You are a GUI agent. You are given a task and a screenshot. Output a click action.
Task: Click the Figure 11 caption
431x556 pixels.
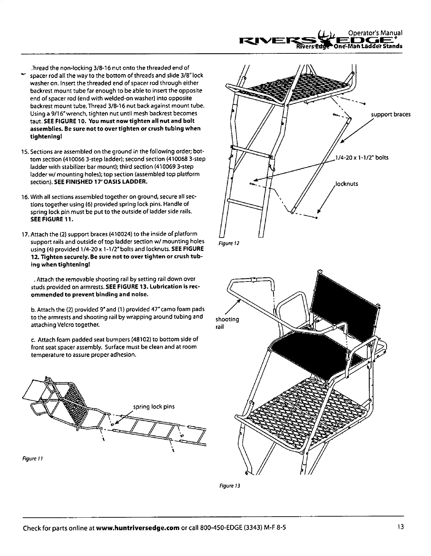click(32, 459)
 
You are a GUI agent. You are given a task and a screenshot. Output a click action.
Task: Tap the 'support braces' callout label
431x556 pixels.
click(391, 115)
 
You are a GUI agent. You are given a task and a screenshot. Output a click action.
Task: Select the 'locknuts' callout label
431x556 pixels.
click(346, 183)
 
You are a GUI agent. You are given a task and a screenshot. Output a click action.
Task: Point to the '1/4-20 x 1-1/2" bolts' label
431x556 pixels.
click(362, 157)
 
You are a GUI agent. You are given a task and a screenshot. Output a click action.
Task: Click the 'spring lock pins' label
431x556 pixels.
click(154, 407)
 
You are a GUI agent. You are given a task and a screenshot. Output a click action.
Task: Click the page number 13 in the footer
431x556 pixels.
click(399, 527)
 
